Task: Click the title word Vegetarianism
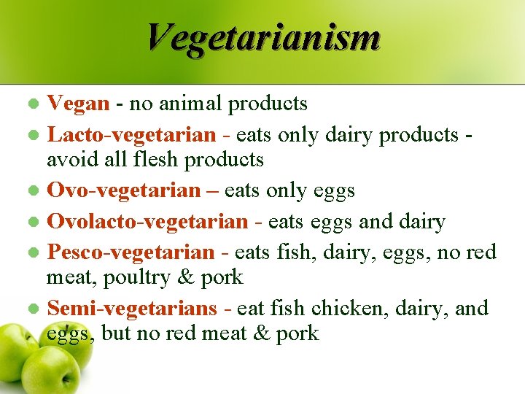262,37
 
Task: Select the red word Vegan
78,104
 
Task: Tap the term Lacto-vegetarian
131,134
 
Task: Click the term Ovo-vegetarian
123,190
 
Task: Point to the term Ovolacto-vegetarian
147,221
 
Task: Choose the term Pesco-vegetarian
131,252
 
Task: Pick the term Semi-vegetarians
132,308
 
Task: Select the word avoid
71,159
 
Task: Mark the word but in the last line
117,333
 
